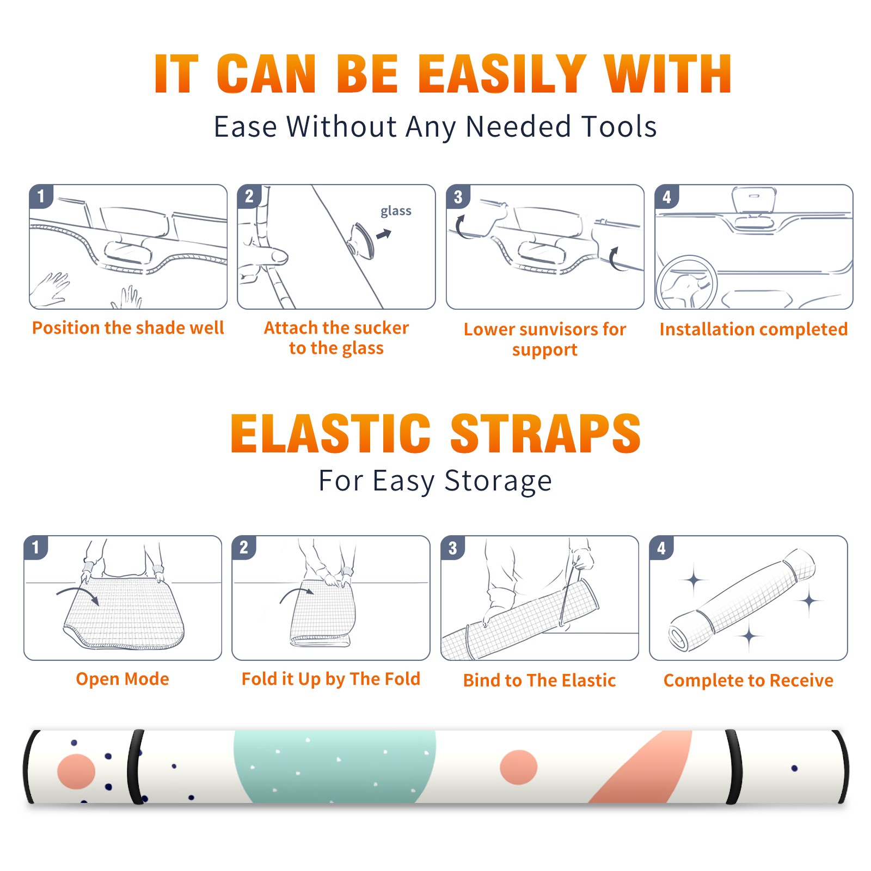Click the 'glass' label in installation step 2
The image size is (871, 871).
click(396, 211)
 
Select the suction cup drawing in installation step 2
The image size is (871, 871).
click(361, 240)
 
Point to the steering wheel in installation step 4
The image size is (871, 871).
click(687, 283)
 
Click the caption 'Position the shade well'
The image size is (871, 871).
click(128, 328)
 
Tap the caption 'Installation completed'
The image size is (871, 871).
click(753, 329)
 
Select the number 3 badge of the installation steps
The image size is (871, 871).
click(458, 197)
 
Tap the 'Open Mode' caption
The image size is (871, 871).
click(122, 679)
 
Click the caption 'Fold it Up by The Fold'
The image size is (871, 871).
click(331, 679)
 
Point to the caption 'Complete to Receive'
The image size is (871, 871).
click(749, 680)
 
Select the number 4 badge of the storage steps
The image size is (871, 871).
click(661, 548)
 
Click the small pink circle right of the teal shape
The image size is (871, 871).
click(518, 767)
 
